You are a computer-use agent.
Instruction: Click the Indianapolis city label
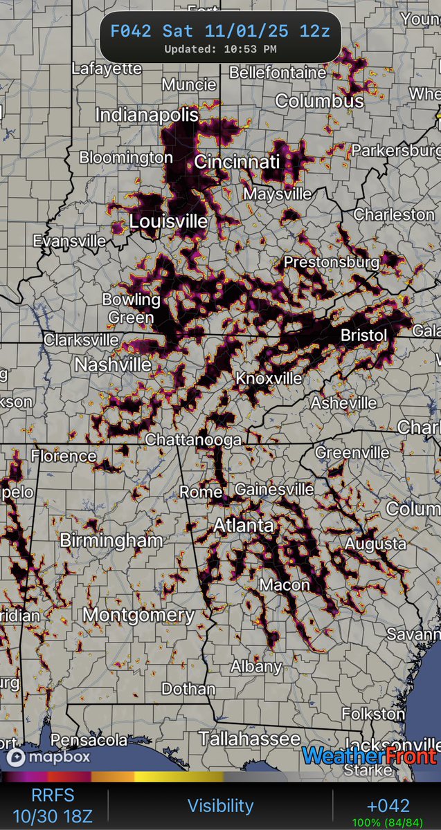pos(147,115)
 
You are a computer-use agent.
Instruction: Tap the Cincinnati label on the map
pos(237,163)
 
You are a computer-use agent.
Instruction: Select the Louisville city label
pos(168,222)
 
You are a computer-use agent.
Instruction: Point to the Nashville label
pos(113,365)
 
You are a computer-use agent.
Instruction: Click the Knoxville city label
pos(269,378)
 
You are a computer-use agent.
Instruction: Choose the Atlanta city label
pos(243,526)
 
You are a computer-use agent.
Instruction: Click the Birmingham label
pos(111,540)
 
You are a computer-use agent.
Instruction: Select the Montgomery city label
pos(138,614)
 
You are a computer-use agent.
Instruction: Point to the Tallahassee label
pos(249,738)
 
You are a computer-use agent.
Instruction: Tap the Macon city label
pos(285,585)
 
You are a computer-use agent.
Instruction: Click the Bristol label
pos(363,335)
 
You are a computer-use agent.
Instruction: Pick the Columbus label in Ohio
pos(319,101)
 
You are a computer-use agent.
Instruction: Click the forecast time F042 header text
pos(220,31)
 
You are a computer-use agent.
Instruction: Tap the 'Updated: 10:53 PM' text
pos(220,49)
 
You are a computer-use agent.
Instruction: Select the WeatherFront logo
pos(368,756)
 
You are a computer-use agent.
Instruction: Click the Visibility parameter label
pos(220,805)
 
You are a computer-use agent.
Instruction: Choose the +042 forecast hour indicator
pos(388,805)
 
